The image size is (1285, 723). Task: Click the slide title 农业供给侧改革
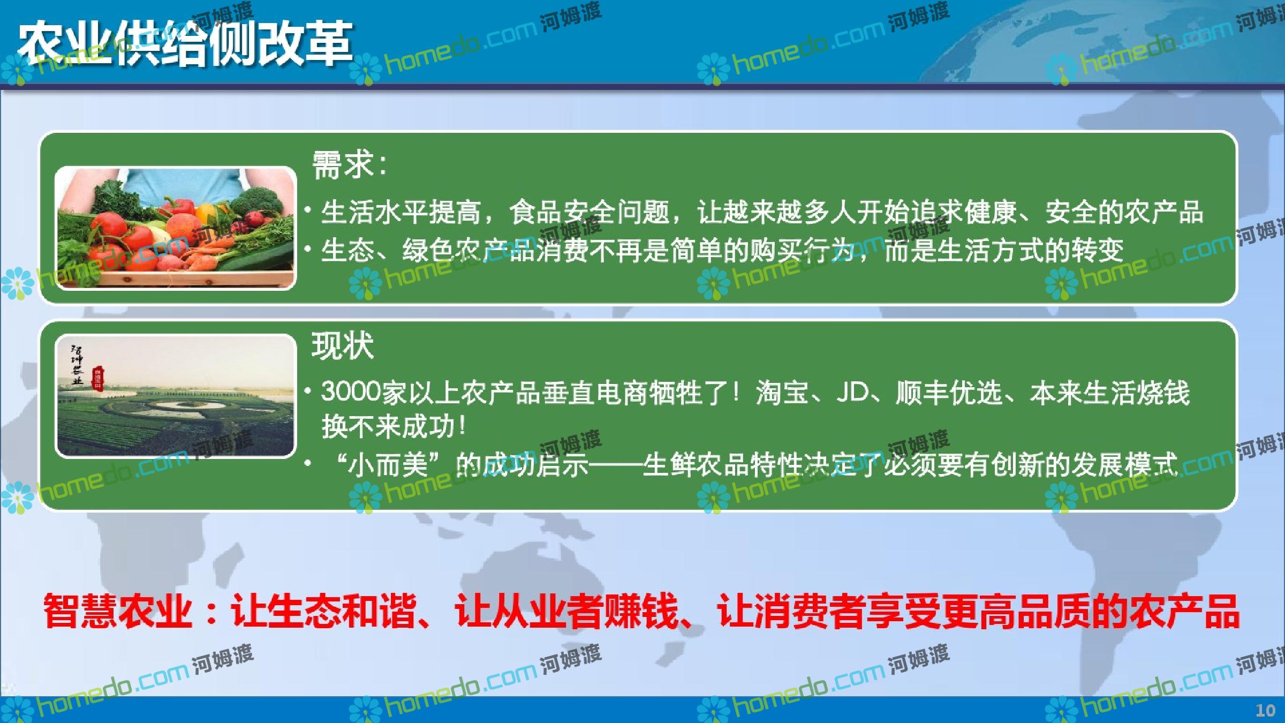185,44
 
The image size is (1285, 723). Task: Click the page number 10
1266,711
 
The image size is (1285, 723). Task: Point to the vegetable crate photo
176,228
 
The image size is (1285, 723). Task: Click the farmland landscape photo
176,396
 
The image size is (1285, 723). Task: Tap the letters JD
852,392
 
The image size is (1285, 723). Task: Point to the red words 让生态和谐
323,611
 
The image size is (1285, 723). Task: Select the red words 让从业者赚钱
566,611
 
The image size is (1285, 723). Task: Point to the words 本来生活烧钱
1109,392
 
